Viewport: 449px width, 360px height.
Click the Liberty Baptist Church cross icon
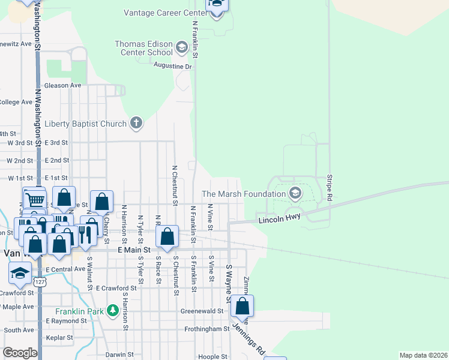(136, 124)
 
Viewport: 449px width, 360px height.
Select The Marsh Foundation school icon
(295, 193)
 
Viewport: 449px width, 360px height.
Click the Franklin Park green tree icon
(112, 311)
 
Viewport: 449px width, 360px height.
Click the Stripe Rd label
(330, 188)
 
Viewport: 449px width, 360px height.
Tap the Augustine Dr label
(173, 66)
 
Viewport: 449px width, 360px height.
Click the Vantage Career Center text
(165, 13)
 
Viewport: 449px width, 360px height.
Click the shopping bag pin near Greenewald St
(242, 307)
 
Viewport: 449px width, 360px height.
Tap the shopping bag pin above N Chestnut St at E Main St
(167, 237)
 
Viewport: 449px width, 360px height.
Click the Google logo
(20, 353)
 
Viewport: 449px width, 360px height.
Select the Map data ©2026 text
(423, 355)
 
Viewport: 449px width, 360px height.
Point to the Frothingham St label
(206, 329)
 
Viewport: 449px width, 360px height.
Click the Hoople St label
(212, 356)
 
